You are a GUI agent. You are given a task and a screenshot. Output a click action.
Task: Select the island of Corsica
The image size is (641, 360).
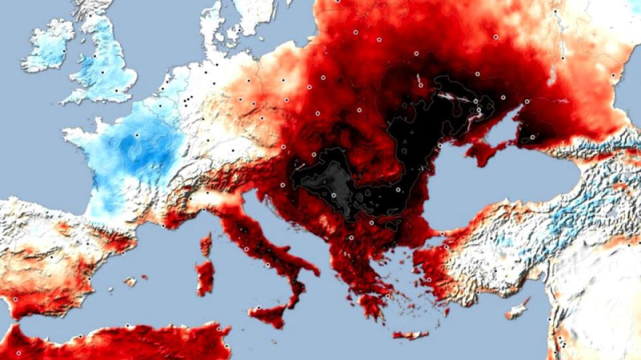(207, 244)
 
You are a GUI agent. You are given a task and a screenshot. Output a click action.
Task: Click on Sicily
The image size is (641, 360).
(269, 313)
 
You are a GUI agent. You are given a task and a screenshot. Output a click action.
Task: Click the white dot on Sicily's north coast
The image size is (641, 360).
(258, 307)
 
